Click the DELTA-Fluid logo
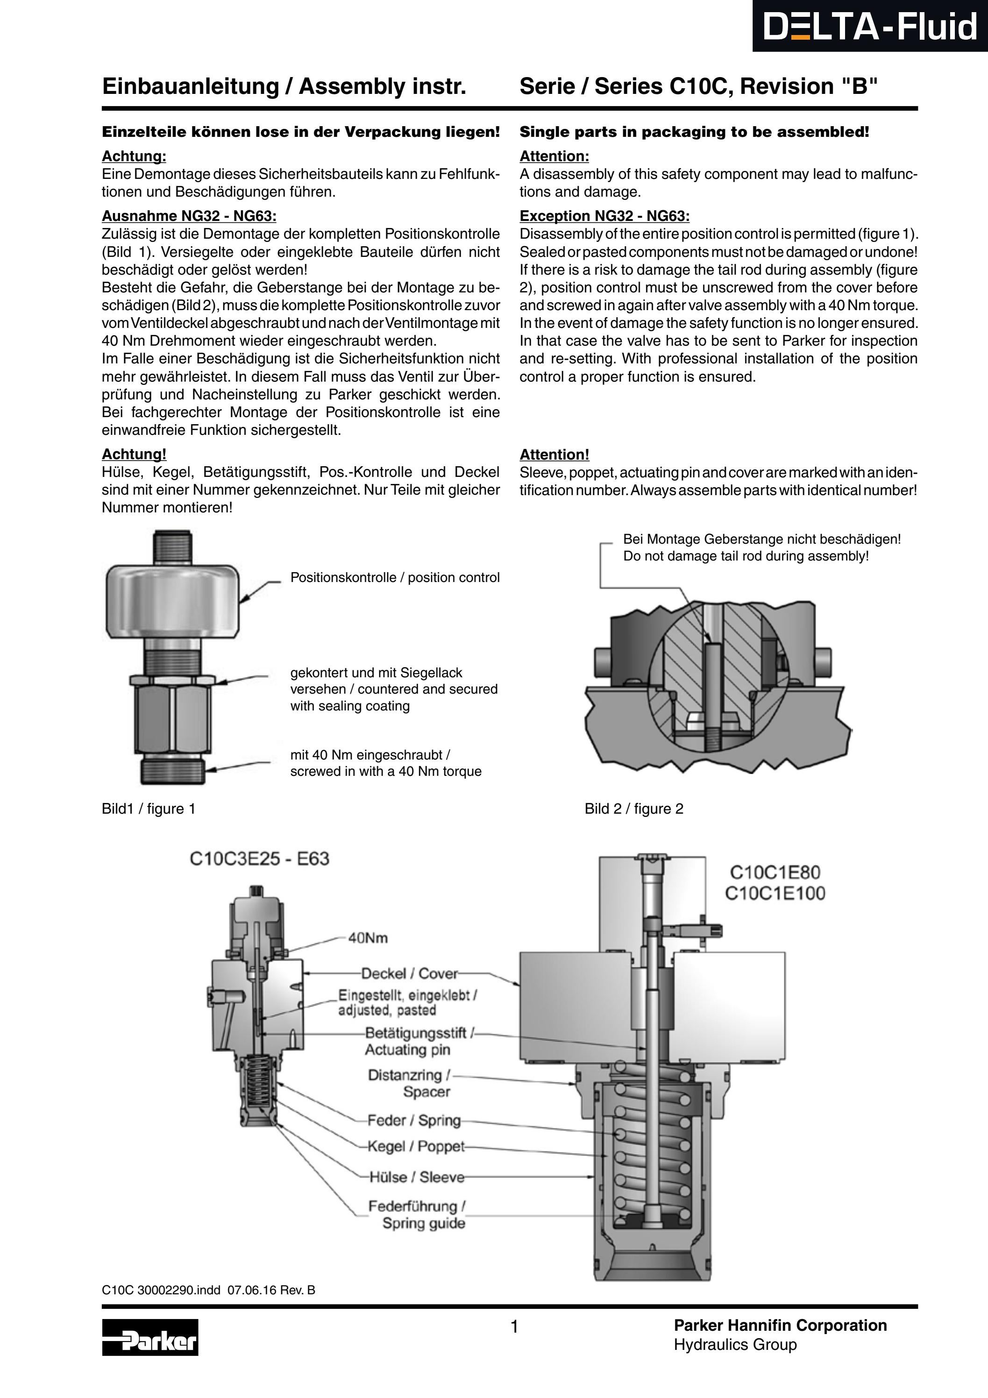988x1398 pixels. click(x=869, y=27)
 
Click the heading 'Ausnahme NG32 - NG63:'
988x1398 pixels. click(x=189, y=216)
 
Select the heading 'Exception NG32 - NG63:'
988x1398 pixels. click(x=604, y=216)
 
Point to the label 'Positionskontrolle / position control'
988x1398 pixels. click(x=395, y=577)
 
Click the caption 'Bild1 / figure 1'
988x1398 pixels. click(x=149, y=809)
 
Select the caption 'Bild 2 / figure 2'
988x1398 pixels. click(x=633, y=809)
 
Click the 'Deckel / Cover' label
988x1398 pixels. click(x=409, y=973)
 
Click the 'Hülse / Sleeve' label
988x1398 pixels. click(x=416, y=1177)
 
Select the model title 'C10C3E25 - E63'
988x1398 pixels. click(x=259, y=859)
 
